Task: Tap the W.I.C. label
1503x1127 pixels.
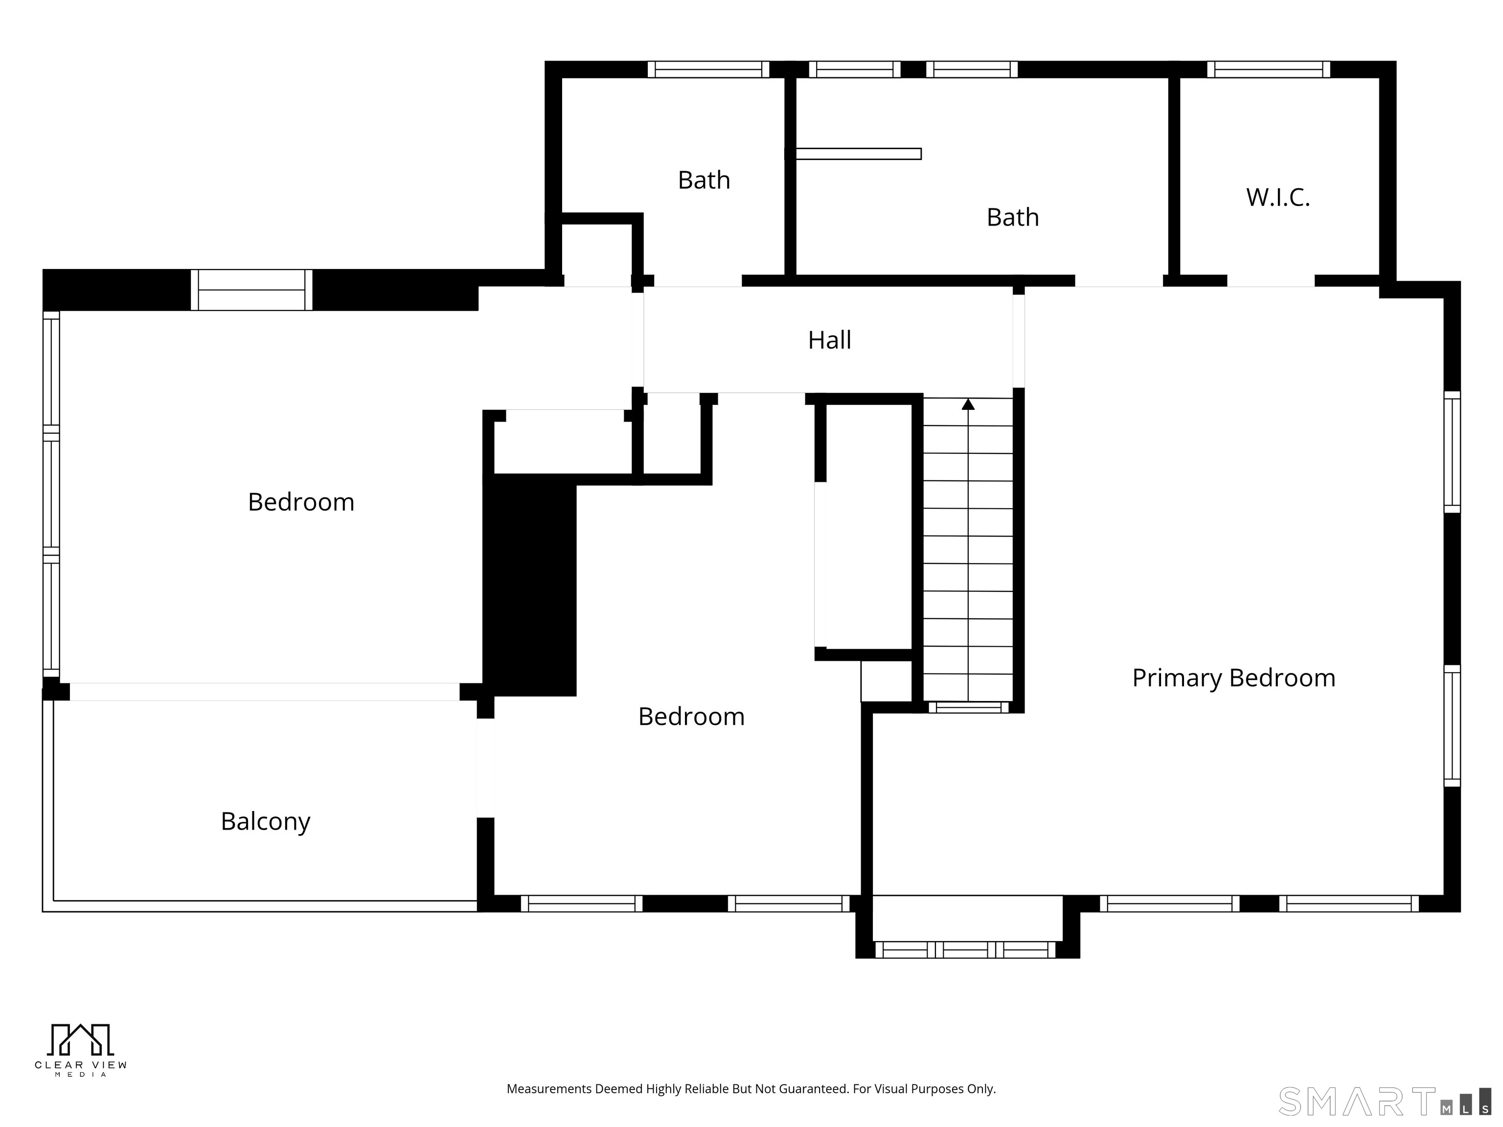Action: click(1277, 198)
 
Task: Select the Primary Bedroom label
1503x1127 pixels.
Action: click(1233, 678)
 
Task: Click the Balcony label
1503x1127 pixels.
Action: click(266, 822)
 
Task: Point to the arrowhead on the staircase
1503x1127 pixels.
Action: click(968, 404)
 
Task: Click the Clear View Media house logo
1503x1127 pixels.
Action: click(80, 1040)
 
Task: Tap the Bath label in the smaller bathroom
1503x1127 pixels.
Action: click(704, 180)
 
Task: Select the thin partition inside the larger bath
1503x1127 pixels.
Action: click(858, 154)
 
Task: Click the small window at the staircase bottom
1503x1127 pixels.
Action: click(969, 707)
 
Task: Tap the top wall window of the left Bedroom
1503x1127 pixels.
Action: click(251, 290)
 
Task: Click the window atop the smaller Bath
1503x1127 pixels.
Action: click(708, 69)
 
